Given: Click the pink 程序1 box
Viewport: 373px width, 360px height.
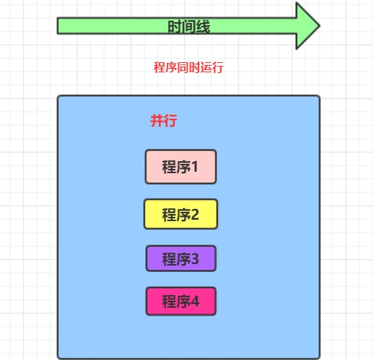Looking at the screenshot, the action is [x=181, y=167].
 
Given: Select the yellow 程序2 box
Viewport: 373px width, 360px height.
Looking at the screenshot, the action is [x=181, y=214].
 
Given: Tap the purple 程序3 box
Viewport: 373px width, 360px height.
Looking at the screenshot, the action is [x=181, y=258].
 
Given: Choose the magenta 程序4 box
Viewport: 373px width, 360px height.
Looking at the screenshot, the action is [x=181, y=301].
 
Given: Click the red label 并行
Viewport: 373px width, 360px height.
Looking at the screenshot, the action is [x=164, y=120].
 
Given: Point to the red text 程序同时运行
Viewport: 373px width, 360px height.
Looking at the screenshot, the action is [x=188, y=67].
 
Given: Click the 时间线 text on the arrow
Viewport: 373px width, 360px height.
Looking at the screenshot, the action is [x=189, y=26].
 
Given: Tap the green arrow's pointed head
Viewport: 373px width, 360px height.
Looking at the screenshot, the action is [x=319, y=26].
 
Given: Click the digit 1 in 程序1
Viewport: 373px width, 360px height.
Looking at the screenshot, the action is [x=195, y=167].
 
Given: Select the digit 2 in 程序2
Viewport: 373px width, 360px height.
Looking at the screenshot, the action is [x=195, y=214].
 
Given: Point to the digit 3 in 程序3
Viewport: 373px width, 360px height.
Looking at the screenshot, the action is [x=195, y=259].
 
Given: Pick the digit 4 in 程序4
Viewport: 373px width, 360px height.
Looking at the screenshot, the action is [x=195, y=301].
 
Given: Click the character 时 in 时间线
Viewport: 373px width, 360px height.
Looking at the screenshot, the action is [x=175, y=26].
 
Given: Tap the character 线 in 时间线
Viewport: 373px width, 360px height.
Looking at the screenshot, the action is [x=203, y=26].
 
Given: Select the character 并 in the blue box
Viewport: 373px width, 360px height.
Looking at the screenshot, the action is [x=157, y=120].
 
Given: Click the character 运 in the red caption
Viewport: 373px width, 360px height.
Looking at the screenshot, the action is [x=206, y=67].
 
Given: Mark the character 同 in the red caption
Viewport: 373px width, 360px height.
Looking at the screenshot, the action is [x=183, y=67].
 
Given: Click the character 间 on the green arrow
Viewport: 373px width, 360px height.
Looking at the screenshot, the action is [x=189, y=26].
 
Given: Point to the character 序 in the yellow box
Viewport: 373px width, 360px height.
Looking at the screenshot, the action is [x=183, y=215].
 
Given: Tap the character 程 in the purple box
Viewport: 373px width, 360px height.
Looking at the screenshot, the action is [x=169, y=259].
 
